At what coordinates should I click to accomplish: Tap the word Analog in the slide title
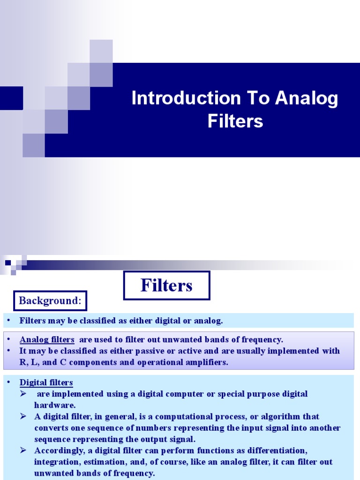click(307, 98)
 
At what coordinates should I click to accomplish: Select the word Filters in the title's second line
click(235, 121)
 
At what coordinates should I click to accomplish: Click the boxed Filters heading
click(166, 285)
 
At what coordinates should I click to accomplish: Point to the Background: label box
click(51, 301)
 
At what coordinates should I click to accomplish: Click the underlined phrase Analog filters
click(47, 339)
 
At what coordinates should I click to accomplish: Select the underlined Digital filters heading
click(46, 382)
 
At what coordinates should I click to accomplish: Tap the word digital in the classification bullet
click(160, 321)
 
